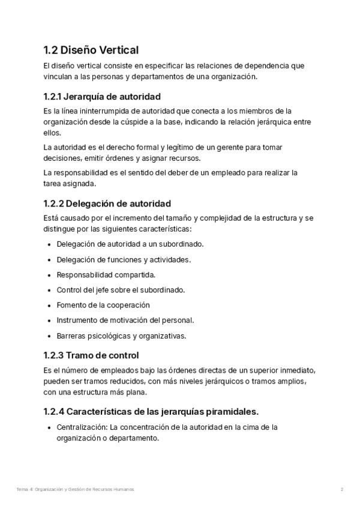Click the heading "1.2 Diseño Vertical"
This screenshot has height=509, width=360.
click(x=91, y=50)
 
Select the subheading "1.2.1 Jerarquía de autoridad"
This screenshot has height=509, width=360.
click(x=102, y=97)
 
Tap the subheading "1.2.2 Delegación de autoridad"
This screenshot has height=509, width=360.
click(x=107, y=203)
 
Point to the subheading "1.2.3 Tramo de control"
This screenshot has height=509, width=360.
click(x=91, y=355)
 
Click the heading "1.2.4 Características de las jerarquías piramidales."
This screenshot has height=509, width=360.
click(x=151, y=412)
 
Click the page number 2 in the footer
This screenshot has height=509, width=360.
click(x=341, y=490)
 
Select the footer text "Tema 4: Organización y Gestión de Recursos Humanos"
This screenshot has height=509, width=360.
click(x=76, y=490)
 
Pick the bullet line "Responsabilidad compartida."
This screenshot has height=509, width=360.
click(x=97, y=274)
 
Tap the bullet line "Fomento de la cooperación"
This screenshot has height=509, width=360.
click(x=95, y=305)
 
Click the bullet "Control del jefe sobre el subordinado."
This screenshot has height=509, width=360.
click(x=112, y=290)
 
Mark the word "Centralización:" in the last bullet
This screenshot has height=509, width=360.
click(x=81, y=427)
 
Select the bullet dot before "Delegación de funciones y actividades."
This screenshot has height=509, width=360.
click(x=49, y=260)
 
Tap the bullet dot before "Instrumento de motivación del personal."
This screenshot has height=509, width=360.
click(x=49, y=321)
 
